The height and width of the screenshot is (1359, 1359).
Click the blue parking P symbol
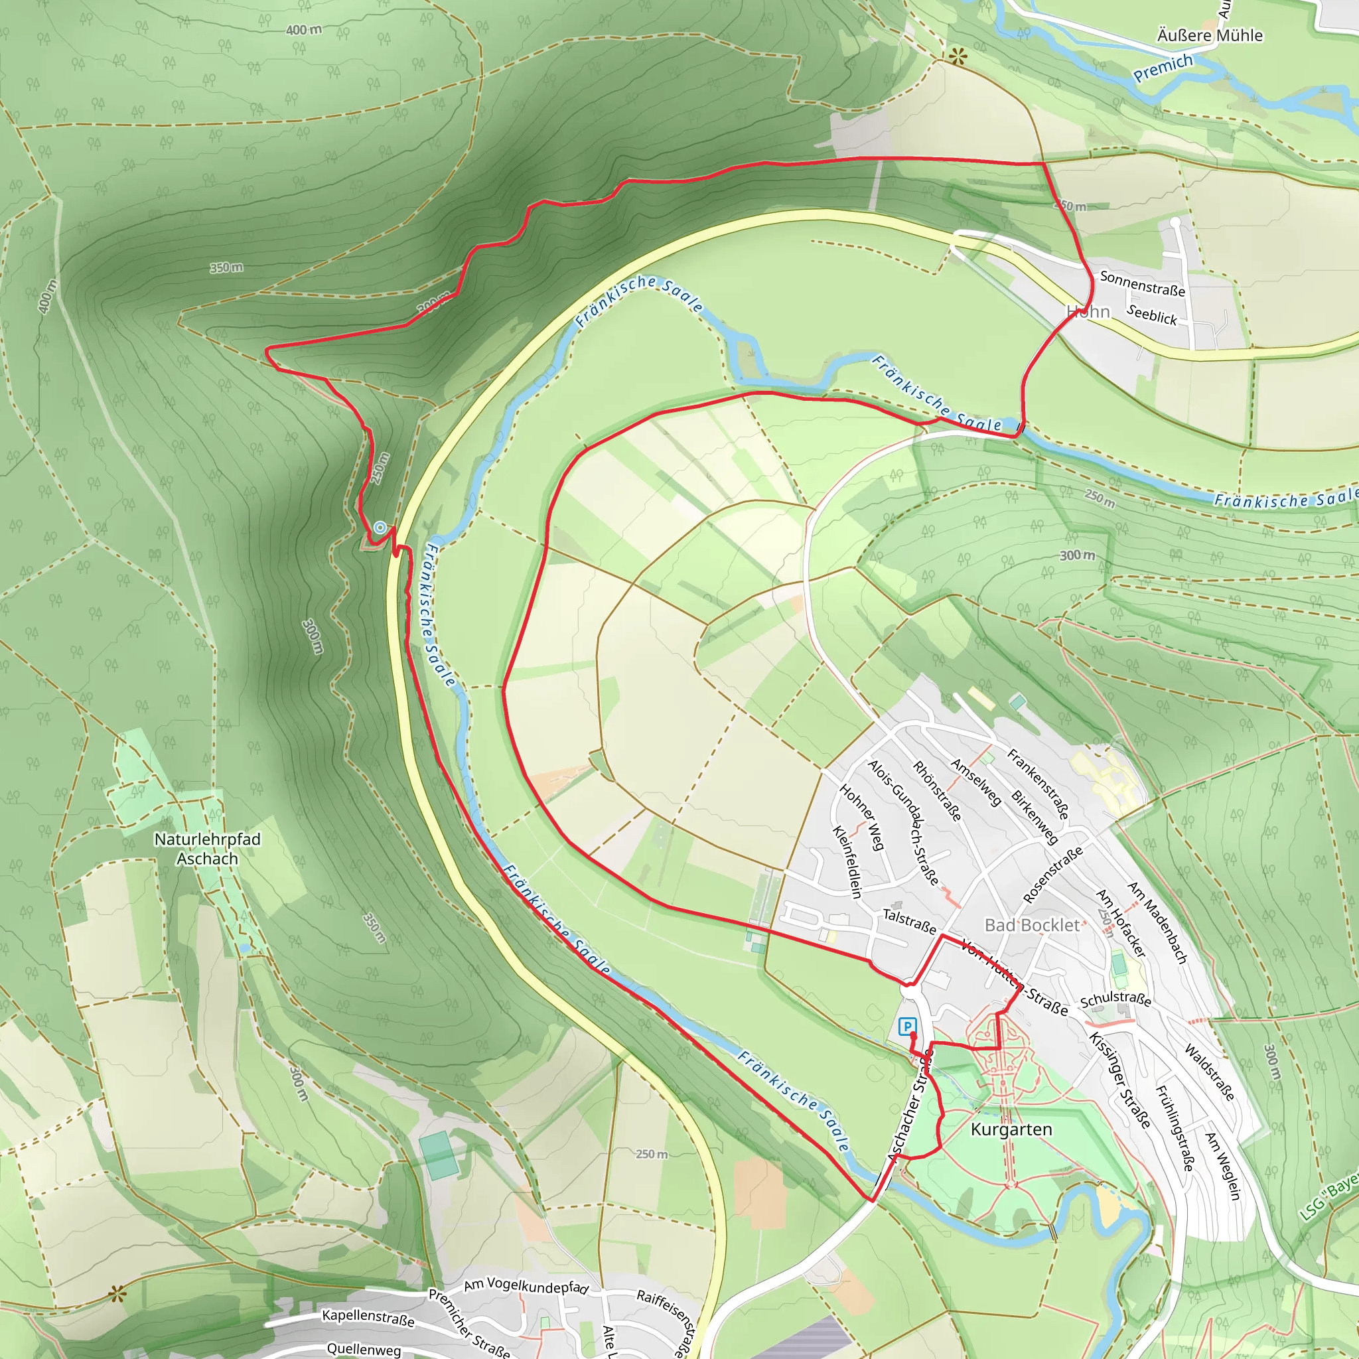click(906, 1027)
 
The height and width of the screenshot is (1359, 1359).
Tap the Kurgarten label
click(1011, 1129)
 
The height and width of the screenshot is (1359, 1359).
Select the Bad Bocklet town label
click(1031, 925)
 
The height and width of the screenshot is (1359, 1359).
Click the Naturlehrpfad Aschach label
click(208, 848)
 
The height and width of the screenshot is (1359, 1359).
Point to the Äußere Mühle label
click(1210, 35)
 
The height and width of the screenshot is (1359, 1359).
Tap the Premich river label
click(1163, 68)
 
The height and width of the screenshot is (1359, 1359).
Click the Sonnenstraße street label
click(1143, 283)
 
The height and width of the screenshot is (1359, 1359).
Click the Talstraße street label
click(909, 922)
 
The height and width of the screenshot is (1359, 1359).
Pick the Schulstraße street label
click(1115, 999)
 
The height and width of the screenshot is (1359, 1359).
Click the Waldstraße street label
click(1209, 1072)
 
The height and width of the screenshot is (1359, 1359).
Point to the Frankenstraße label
click(1038, 784)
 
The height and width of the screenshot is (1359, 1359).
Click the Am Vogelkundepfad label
click(526, 1286)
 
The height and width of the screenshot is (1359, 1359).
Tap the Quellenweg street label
click(364, 1348)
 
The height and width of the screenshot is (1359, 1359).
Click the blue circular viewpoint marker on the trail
click(380, 527)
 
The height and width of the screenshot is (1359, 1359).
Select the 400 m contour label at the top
click(304, 30)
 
